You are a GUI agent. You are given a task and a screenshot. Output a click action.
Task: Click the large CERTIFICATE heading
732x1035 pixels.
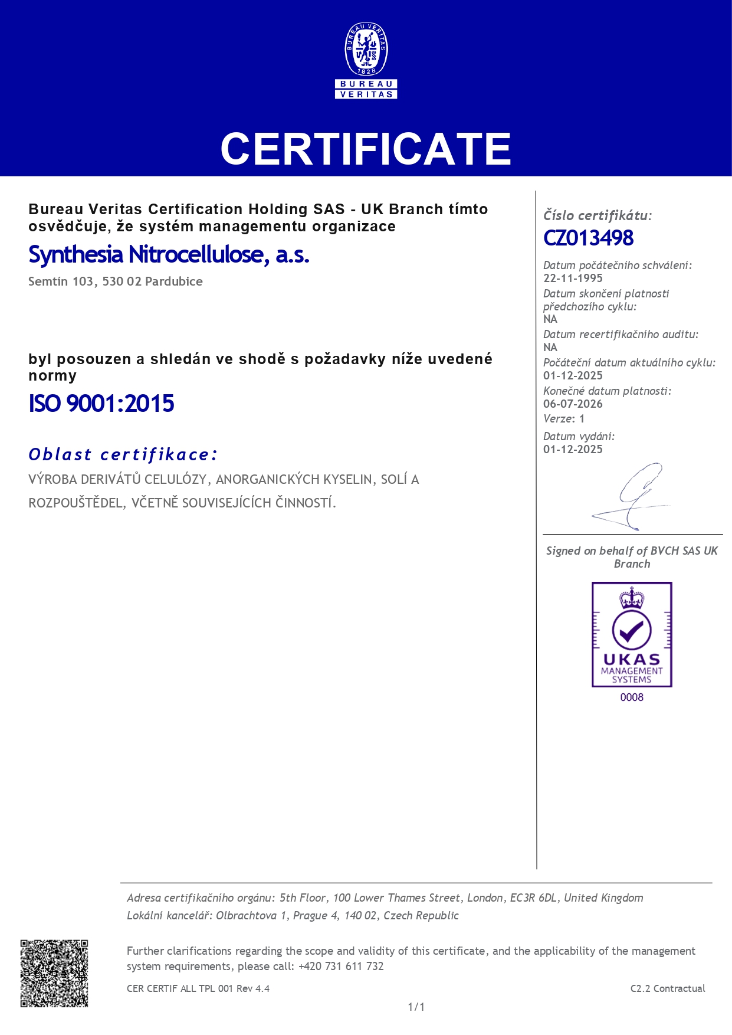point(366,149)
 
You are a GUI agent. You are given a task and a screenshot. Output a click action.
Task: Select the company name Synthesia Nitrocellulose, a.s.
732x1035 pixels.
point(169,255)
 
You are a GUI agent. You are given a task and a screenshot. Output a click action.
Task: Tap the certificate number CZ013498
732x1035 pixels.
point(588,238)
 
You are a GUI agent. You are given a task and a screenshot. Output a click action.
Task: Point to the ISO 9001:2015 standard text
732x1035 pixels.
point(101,404)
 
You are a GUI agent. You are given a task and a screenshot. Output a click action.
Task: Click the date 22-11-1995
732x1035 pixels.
point(573,279)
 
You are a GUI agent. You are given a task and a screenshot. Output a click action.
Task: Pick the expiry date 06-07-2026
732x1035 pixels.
point(573,404)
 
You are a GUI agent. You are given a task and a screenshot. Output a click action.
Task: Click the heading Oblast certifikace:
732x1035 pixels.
point(123,454)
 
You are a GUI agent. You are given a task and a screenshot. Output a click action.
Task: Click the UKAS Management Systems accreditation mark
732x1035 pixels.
point(632,634)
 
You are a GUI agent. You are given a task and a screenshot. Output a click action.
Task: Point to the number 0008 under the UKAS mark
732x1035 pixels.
point(632,697)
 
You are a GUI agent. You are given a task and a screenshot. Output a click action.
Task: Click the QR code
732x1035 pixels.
point(54,974)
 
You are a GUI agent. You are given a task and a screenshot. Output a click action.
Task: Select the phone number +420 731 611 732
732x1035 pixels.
point(341,967)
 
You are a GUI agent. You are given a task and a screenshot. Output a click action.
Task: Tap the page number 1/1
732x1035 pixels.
point(416,1007)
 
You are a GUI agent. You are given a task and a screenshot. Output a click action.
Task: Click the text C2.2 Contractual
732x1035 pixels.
point(668,989)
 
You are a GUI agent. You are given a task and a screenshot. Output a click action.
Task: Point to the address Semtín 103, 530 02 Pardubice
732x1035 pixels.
point(116,282)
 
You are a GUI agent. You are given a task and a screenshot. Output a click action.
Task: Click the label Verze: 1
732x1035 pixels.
point(564,419)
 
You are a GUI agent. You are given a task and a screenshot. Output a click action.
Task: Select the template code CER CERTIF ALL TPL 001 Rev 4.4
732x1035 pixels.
point(198,989)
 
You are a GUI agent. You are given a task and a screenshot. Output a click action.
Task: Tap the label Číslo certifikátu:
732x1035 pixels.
point(598,216)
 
